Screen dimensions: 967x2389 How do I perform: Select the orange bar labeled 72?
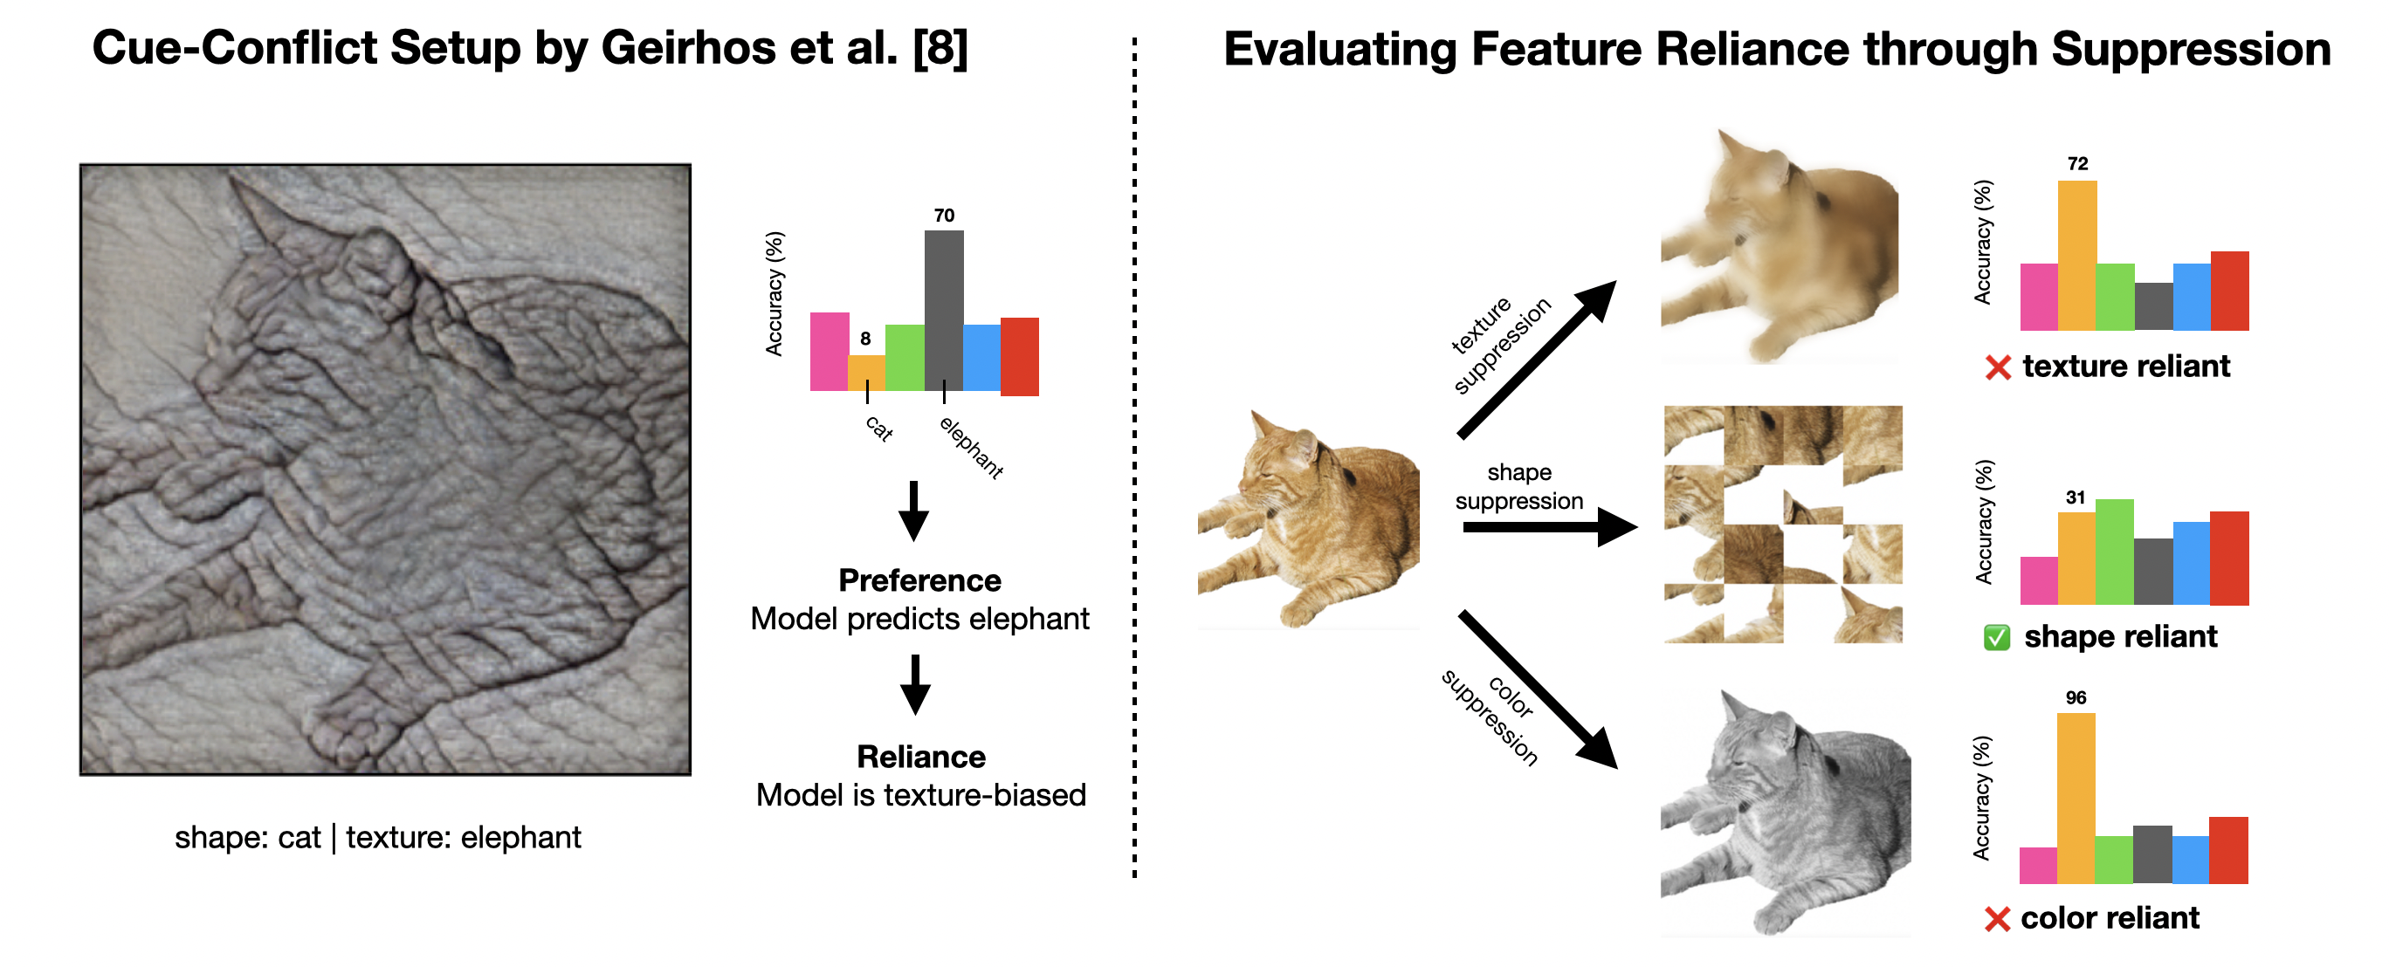(2076, 255)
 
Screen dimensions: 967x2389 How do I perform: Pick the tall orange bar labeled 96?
(2076, 798)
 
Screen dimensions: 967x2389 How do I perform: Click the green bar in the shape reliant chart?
(2115, 552)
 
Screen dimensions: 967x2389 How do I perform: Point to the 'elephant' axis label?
(971, 448)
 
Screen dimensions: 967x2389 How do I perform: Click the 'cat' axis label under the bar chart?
(879, 428)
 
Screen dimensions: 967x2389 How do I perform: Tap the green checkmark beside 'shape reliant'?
(1997, 638)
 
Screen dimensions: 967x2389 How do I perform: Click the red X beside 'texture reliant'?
(1998, 368)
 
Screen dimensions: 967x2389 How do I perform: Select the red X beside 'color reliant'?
(1997, 919)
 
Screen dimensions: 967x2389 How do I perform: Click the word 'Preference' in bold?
(919, 580)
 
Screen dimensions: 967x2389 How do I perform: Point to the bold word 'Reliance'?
(921, 757)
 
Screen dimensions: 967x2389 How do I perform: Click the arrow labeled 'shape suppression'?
(1549, 527)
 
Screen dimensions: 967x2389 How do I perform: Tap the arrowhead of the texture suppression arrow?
(1597, 300)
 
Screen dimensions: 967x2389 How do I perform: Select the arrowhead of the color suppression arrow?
(1597, 749)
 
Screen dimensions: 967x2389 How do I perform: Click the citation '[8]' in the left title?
(940, 48)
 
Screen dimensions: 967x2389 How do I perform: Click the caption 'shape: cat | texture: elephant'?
(377, 837)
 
